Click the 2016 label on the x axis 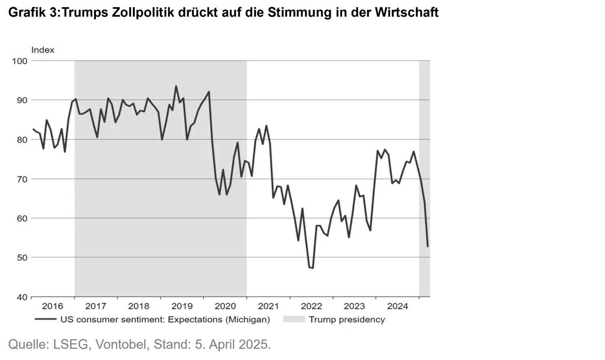click(x=52, y=306)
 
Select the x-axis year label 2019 click(x=182, y=306)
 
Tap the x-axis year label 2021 click(x=268, y=306)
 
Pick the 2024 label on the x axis click(x=398, y=306)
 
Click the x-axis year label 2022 click(x=311, y=306)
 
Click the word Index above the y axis click(x=43, y=50)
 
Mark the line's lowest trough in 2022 click(x=313, y=268)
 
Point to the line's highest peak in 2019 click(x=176, y=86)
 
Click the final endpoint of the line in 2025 click(x=428, y=246)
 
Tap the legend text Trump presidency click(x=347, y=320)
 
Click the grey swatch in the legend click(x=294, y=320)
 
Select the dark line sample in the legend click(x=45, y=320)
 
